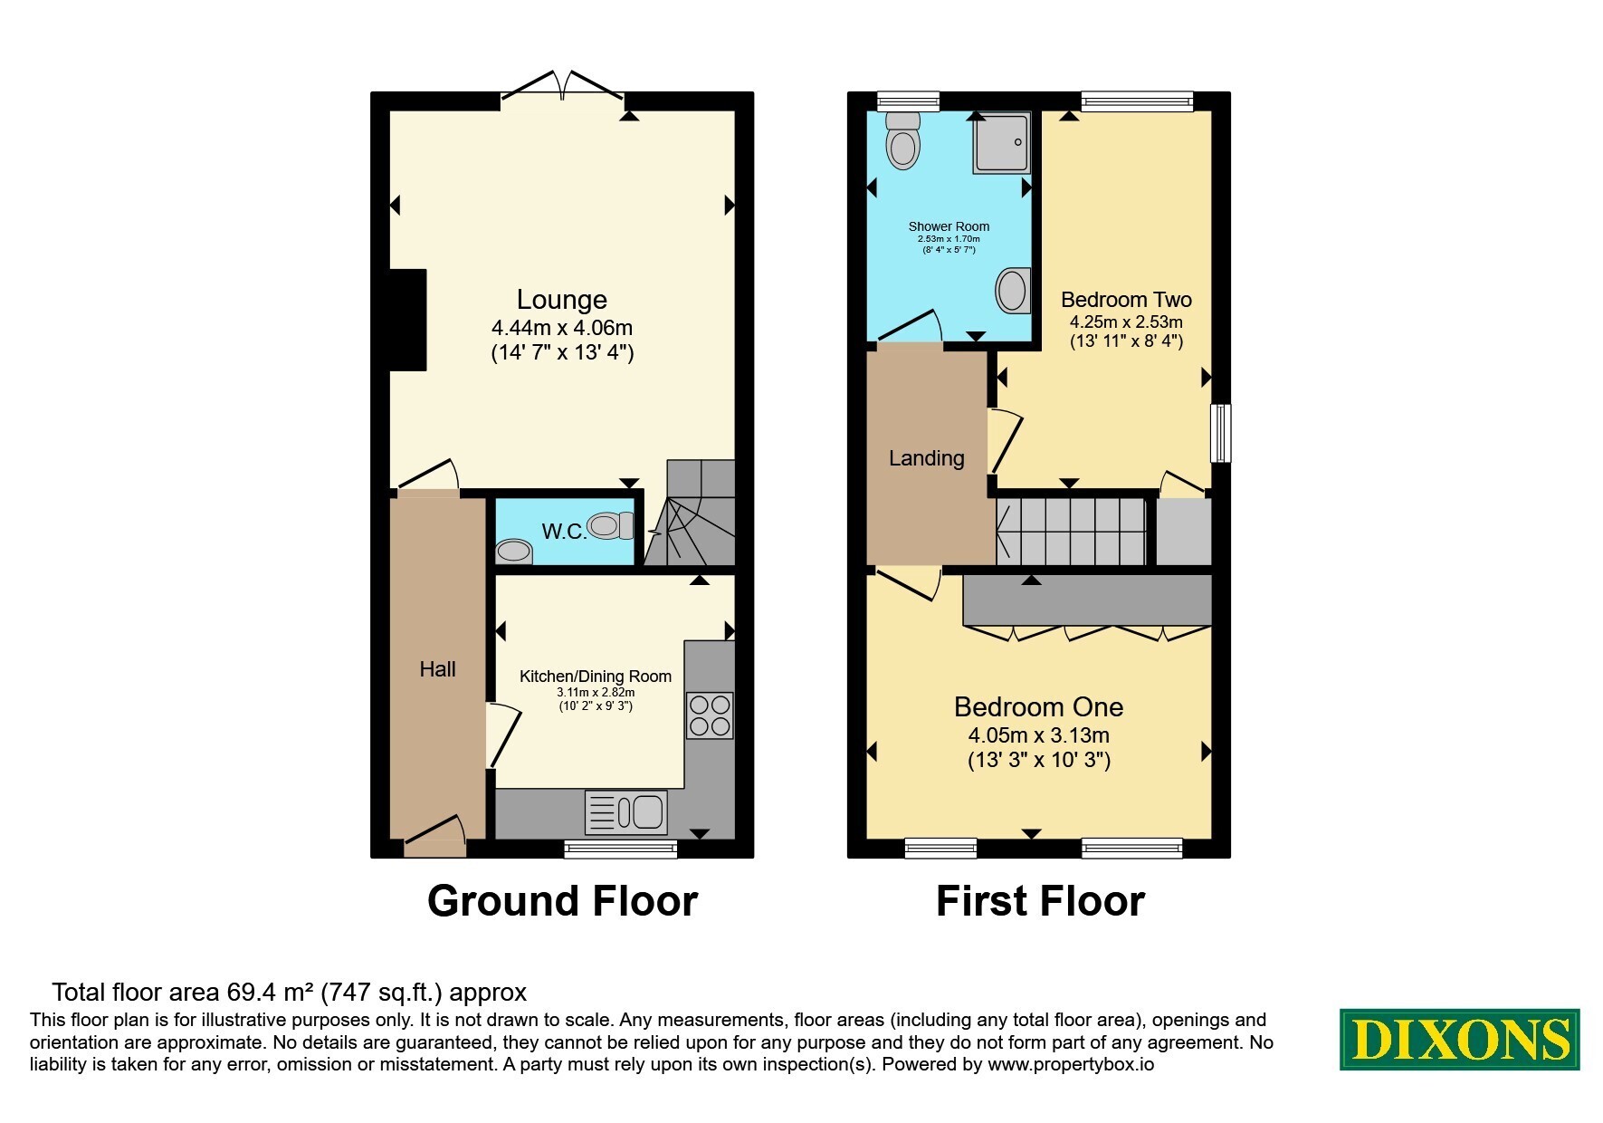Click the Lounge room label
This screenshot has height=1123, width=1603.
[x=561, y=300]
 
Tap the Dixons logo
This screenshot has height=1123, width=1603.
[x=1459, y=1040]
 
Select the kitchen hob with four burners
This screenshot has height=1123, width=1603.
[x=710, y=715]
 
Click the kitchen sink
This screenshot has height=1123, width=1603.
[x=626, y=811]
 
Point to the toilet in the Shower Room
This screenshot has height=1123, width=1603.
[x=902, y=140]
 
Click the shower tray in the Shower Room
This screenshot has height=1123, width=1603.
[x=1001, y=142]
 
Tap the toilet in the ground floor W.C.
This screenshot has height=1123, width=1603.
[x=611, y=525]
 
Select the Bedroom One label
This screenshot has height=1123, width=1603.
[x=1038, y=706]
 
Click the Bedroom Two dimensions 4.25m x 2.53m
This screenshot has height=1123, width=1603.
[x=1126, y=322]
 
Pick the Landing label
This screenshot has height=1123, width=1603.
[x=926, y=458]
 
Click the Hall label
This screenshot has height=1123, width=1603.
[x=437, y=669]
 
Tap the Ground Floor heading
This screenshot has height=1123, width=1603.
[x=562, y=901]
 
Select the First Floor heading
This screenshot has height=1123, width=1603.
[x=1040, y=901]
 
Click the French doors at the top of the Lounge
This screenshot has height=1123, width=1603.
[x=562, y=84]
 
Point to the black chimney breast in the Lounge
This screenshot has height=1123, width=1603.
[x=407, y=320]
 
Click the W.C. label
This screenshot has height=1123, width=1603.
[x=565, y=532]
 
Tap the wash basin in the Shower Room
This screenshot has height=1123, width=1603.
[x=1012, y=291]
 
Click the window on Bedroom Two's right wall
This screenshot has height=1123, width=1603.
[x=1220, y=433]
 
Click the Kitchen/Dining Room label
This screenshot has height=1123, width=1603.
[x=596, y=677]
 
